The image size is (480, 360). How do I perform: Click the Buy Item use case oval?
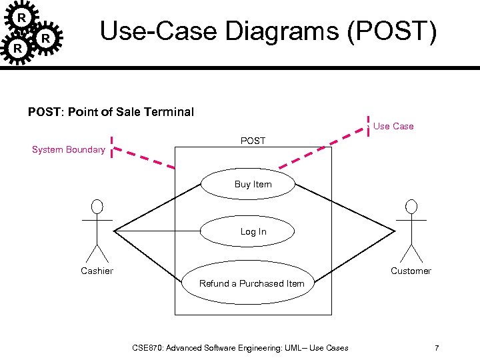pos(253,184)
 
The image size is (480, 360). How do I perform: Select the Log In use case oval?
pos(253,231)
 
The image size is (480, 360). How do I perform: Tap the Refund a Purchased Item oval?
pos(253,283)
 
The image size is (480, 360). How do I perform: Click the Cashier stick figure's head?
pos(97,206)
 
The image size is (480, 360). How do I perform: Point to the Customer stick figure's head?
pos(411,206)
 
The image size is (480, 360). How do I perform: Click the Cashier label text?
pos(97,271)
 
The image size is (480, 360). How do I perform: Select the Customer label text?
pos(411,271)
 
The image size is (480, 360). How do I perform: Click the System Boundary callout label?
pos(68,149)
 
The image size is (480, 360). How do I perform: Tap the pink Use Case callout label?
pos(393,126)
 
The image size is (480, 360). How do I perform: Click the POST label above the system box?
pos(253,141)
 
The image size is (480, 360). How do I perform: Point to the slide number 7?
pos(437,348)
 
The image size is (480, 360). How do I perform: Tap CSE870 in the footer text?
pos(147,348)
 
